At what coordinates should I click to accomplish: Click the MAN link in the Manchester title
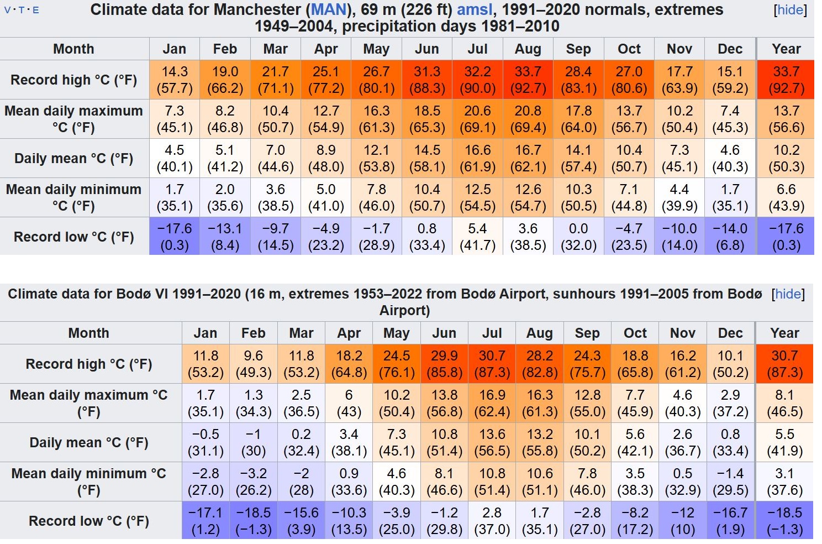329,10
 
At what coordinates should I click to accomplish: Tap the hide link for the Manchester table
790,10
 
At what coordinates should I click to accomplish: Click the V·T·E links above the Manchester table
22,10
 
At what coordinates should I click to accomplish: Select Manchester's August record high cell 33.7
528,80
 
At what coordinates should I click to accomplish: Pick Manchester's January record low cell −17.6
175,237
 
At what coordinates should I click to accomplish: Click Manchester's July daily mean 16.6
477,158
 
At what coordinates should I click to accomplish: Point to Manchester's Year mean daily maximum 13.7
786,119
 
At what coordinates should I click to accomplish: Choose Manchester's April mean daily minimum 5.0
326,197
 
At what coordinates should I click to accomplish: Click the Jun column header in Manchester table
427,49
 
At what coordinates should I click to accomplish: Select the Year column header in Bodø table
784,333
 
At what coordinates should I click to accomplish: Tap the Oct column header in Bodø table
635,333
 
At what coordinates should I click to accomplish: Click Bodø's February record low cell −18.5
253,521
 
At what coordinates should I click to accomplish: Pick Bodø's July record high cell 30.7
492,364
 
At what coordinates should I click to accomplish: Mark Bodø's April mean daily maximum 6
349,403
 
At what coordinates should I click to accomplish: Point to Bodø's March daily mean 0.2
301,442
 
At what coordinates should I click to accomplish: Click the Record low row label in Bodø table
89,521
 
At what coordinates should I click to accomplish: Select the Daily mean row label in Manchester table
74,159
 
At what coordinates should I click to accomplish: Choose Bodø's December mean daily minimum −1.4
730,482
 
